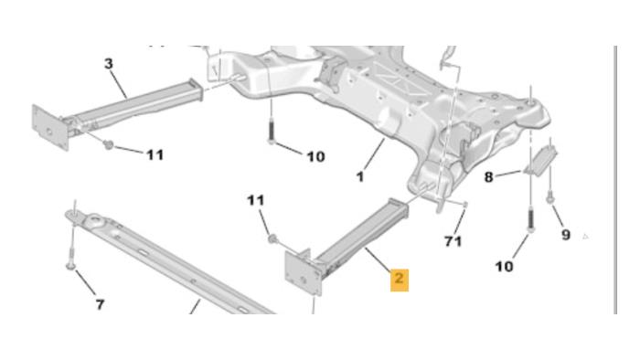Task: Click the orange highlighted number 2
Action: click(x=400, y=280)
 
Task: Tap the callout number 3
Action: click(x=109, y=64)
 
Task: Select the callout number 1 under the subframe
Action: click(x=359, y=177)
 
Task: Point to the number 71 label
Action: click(x=453, y=241)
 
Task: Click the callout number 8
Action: click(x=488, y=177)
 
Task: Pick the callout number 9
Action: click(x=565, y=235)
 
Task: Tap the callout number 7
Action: click(x=100, y=304)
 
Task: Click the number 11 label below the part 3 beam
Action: click(x=155, y=155)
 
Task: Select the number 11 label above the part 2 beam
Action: click(x=256, y=200)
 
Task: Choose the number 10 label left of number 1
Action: click(x=316, y=156)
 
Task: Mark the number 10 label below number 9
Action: click(x=504, y=267)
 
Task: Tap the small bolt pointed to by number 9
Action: click(x=550, y=198)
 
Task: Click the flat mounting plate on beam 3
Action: click(x=50, y=127)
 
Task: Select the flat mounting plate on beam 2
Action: click(x=304, y=273)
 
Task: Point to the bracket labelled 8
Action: click(x=540, y=161)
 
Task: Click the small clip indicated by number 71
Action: click(x=464, y=204)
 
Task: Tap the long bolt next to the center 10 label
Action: click(x=272, y=130)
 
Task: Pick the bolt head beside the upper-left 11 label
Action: click(x=108, y=144)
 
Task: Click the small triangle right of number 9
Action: click(x=585, y=236)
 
